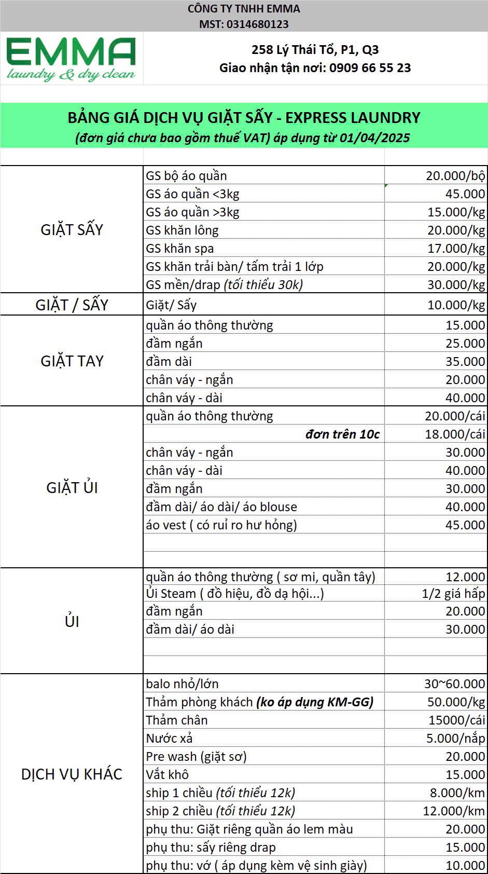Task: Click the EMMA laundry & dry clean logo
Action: click(x=71, y=59)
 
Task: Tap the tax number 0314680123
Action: click(x=257, y=24)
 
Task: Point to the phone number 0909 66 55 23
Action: click(x=370, y=68)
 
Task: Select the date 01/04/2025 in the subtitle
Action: click(x=375, y=138)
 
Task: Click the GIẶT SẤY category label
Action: click(x=72, y=230)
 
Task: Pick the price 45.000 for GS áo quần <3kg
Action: click(x=465, y=194)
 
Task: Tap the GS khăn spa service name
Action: click(x=179, y=249)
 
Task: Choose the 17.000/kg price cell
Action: click(x=456, y=249)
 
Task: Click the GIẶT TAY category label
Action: click(x=72, y=361)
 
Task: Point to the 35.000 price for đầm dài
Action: click(x=465, y=362)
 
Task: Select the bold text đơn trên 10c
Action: click(x=342, y=434)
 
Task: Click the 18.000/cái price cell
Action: click(x=455, y=434)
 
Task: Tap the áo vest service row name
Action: click(x=221, y=525)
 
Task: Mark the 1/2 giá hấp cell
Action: click(x=453, y=593)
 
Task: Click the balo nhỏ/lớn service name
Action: click(x=182, y=684)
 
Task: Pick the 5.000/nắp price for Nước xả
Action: click(x=455, y=739)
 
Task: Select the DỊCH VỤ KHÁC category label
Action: click(x=72, y=774)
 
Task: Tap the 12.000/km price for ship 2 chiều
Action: click(x=454, y=811)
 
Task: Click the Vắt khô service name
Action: click(x=167, y=775)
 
